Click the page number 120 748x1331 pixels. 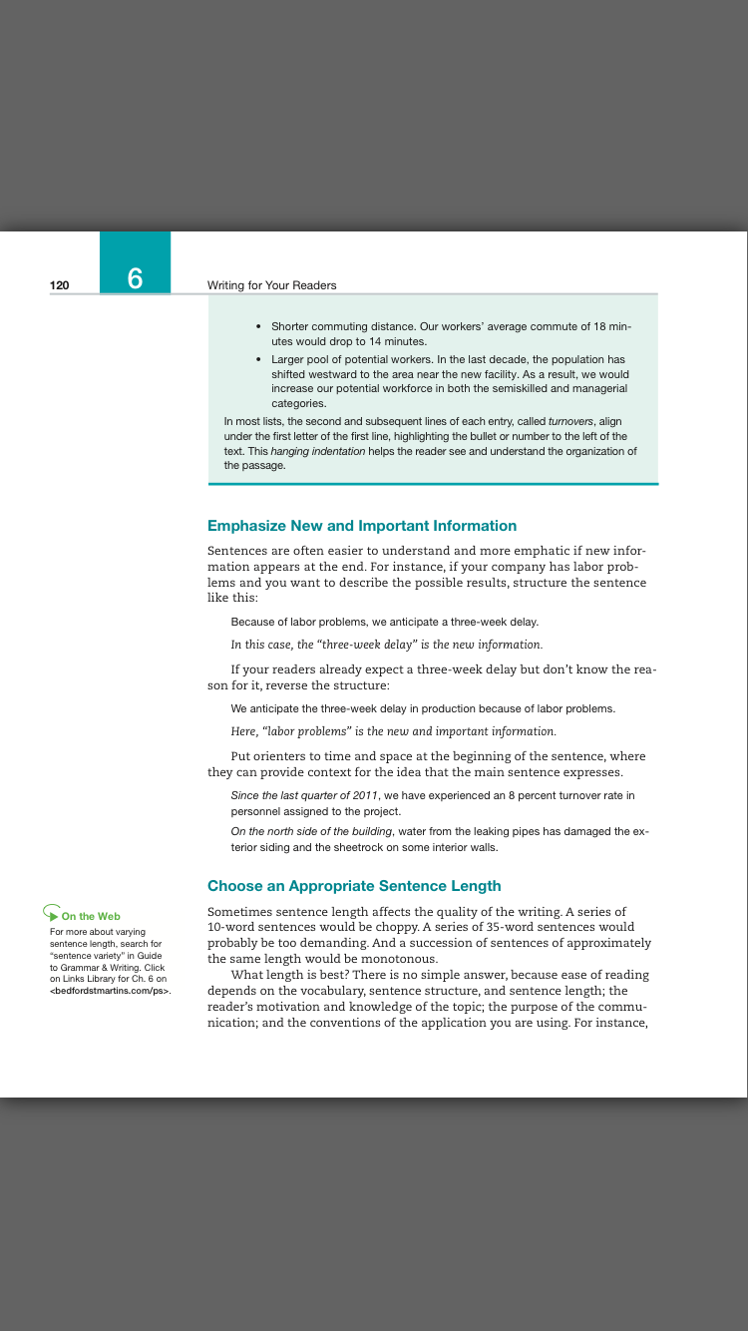pos(60,285)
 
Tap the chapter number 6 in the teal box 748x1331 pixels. pos(135,278)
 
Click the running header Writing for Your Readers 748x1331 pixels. pos(271,285)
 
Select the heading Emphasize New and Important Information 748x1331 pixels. pos(362,526)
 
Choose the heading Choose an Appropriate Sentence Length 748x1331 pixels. pos(354,886)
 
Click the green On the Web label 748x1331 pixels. pos(91,916)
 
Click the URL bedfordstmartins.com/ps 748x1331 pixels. pos(110,992)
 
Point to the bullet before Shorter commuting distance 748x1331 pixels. pos(258,326)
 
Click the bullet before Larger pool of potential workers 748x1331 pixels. pos(258,357)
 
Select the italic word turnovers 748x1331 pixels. pos(571,421)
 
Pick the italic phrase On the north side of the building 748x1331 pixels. pos(312,831)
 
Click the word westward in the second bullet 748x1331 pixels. pos(340,373)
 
